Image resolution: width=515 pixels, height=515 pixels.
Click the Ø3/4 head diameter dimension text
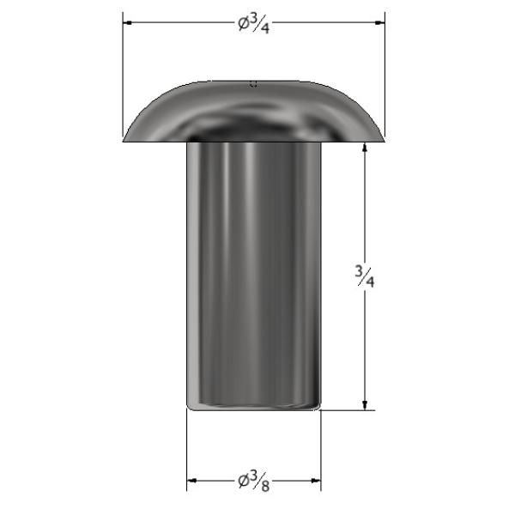click(x=253, y=24)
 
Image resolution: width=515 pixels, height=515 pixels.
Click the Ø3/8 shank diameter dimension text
click(x=254, y=482)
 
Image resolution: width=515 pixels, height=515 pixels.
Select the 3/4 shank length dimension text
click(x=365, y=276)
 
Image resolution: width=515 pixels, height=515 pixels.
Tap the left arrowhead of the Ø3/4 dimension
click(x=128, y=22)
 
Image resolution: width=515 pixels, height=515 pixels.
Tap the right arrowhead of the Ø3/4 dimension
click(x=379, y=22)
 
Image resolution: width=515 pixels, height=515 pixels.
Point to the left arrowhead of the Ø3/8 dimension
click(x=191, y=481)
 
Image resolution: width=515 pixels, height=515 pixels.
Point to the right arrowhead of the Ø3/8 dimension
click(x=316, y=481)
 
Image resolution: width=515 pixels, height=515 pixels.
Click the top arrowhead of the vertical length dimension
click(x=364, y=147)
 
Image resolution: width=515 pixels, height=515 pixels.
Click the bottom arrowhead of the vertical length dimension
click(x=364, y=405)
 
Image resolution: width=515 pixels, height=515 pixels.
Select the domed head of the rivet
click(x=253, y=112)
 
